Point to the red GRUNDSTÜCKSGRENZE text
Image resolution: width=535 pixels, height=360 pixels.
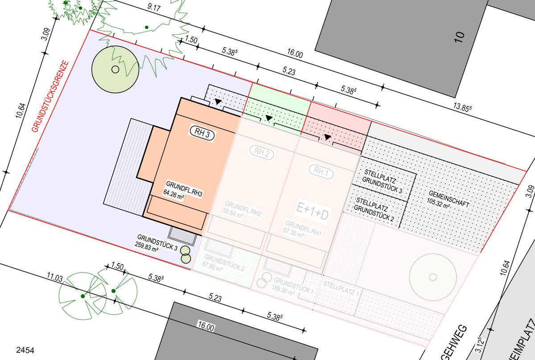click(50, 96)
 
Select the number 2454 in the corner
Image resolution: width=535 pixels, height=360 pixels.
click(25, 351)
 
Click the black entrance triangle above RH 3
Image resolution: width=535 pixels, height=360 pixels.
click(218, 102)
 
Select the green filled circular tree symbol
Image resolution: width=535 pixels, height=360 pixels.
click(115, 69)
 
